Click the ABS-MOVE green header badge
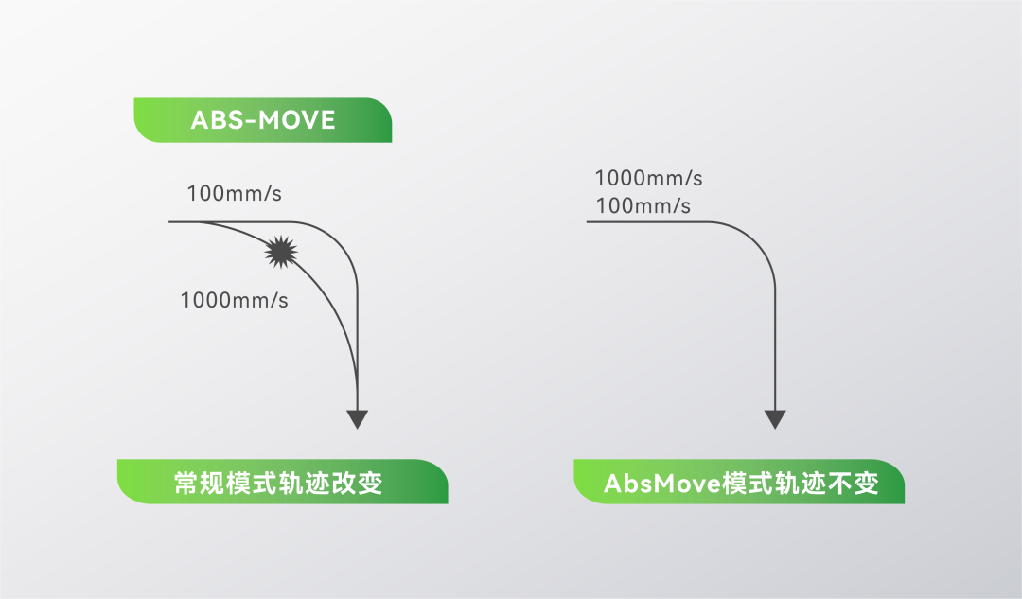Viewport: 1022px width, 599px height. [262, 120]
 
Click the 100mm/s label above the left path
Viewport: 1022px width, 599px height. [235, 194]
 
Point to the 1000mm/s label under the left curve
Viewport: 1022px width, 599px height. [235, 301]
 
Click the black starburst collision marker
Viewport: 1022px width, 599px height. [281, 251]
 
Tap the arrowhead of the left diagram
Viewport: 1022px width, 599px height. [357, 418]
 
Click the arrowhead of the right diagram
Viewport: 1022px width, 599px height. [775, 418]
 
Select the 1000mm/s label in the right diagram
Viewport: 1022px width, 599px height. [649, 178]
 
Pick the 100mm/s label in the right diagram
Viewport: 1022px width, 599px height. [643, 206]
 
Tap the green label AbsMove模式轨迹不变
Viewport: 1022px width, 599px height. [739, 483]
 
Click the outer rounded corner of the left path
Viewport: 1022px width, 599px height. [342, 238]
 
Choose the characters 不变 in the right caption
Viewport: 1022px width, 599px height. [853, 484]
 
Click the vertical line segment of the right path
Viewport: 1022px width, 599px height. [775, 341]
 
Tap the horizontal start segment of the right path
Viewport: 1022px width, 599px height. [643, 222]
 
